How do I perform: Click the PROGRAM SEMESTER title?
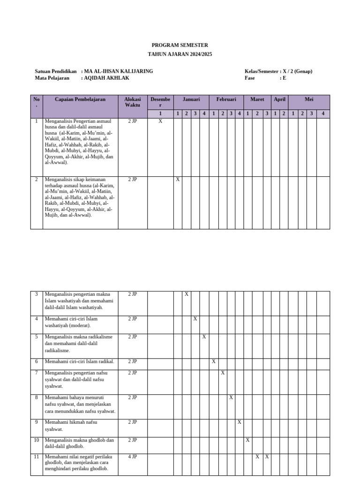pyautogui.click(x=180, y=45)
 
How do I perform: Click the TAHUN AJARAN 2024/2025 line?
pyautogui.click(x=180, y=54)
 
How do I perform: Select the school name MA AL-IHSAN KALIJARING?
pyautogui.click(x=118, y=71)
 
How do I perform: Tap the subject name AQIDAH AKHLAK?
pyautogui.click(x=106, y=78)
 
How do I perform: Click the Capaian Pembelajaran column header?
pyautogui.click(x=80, y=99)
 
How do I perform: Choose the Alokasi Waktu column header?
pyautogui.click(x=132, y=102)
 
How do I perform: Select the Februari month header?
pyautogui.click(x=226, y=99)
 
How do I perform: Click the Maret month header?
pyautogui.click(x=257, y=99)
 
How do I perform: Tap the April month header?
pyautogui.click(x=279, y=99)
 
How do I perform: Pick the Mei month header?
pyautogui.click(x=309, y=99)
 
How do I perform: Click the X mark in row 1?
pyautogui.click(x=160, y=121)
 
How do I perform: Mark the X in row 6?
pyautogui.click(x=214, y=361)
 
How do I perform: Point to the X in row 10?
pyautogui.click(x=247, y=440)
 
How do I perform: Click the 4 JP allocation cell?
pyautogui.click(x=132, y=457)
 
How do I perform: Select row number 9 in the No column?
pyautogui.click(x=37, y=422)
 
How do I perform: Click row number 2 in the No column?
pyautogui.click(x=37, y=180)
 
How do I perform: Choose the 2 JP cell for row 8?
pyautogui.click(x=132, y=397)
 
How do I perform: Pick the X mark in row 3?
pyautogui.click(x=187, y=294)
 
